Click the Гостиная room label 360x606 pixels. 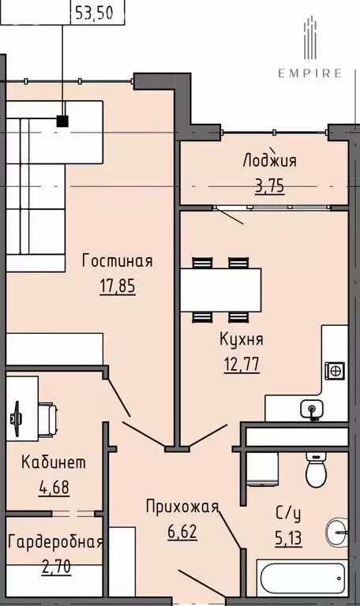pos(118,261)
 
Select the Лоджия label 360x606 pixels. pos(270,161)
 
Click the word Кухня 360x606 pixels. pos(242,340)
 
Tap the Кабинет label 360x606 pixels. pos(54,462)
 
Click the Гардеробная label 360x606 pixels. pos(55,542)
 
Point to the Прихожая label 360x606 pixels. pos(181,506)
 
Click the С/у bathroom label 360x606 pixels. pos(287,516)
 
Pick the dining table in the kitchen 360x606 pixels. pos(220,290)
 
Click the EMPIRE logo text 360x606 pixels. pos(309,73)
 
